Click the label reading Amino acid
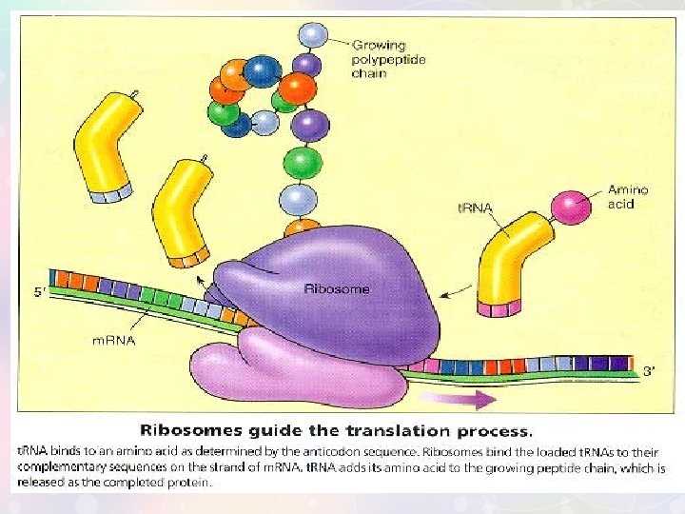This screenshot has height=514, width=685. (628, 197)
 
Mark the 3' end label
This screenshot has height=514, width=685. (649, 372)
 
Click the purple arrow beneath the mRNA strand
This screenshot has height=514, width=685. (457, 400)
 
